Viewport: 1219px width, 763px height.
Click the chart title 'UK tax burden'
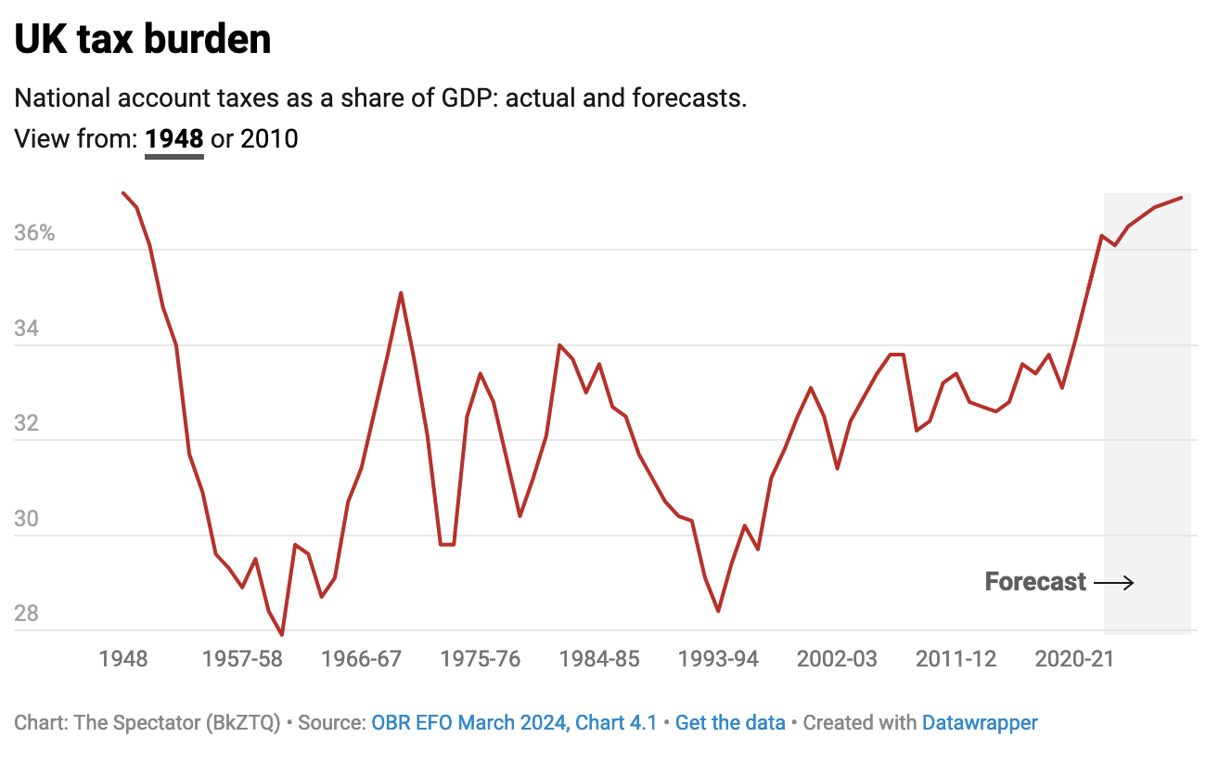click(143, 39)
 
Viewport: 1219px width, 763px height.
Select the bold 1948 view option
click(174, 139)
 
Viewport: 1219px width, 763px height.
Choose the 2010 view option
click(269, 139)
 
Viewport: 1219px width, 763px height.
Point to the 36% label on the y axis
click(35, 233)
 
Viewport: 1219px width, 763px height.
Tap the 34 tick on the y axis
click(28, 329)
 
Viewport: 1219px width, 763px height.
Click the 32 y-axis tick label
click(28, 423)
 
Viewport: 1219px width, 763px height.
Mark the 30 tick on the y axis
click(28, 519)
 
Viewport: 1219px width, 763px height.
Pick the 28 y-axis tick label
click(28, 614)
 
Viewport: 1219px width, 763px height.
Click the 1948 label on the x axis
click(123, 659)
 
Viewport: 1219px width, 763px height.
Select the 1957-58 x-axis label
click(242, 659)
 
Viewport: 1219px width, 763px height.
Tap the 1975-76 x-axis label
click(481, 659)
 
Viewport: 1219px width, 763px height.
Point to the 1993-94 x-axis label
click(718, 659)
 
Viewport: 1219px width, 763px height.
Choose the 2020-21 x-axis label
click(1074, 659)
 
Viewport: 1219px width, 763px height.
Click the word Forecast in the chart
click(1035, 582)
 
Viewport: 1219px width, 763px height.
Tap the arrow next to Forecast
click(1113, 583)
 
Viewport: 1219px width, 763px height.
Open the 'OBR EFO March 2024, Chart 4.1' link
click(514, 723)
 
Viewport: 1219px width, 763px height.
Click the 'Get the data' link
click(730, 723)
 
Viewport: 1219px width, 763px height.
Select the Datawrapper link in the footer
click(980, 723)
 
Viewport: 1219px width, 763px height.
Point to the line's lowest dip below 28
click(281, 635)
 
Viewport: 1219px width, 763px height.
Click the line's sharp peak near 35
click(401, 293)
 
